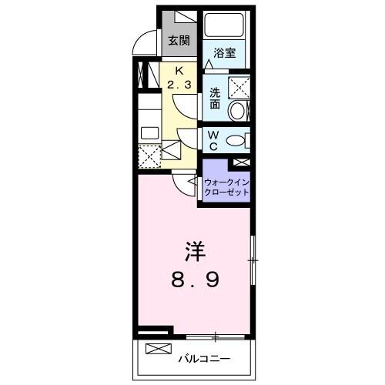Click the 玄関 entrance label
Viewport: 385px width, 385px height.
(x=178, y=40)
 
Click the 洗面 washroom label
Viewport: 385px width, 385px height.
(x=216, y=99)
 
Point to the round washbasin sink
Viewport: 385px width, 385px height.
(x=238, y=112)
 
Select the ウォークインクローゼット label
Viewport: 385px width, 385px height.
(x=226, y=187)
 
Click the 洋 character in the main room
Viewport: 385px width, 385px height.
(x=195, y=252)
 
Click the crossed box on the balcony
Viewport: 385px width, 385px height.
(x=156, y=349)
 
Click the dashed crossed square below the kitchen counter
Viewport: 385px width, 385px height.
(x=149, y=156)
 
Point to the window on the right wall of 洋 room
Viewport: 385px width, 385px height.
(x=252, y=261)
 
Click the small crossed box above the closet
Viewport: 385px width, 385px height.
(x=240, y=163)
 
